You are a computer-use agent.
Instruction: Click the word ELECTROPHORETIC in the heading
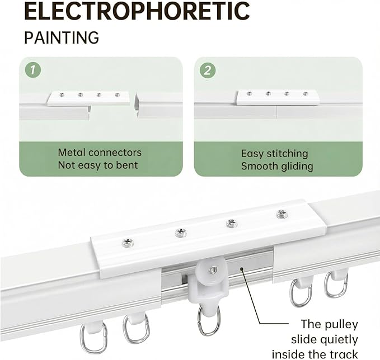click(x=137, y=11)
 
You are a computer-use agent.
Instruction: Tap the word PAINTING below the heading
click(x=62, y=37)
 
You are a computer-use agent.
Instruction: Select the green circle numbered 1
click(x=33, y=70)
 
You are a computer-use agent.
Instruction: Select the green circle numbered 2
click(x=208, y=70)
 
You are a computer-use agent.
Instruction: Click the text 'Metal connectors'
click(x=100, y=153)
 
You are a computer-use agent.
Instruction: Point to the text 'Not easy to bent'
click(x=98, y=165)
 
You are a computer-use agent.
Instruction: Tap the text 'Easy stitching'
click(x=275, y=154)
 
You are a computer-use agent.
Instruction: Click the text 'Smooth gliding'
click(x=277, y=167)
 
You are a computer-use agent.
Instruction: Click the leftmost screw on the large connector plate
click(x=127, y=242)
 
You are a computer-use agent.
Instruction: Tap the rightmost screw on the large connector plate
click(x=282, y=214)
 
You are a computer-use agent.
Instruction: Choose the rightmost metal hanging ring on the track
click(x=336, y=285)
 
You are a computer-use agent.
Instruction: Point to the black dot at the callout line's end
click(x=242, y=268)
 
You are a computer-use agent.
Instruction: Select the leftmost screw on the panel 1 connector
click(x=62, y=95)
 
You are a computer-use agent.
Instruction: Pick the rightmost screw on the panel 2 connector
click(x=306, y=93)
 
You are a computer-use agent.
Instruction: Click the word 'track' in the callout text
click(x=344, y=354)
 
